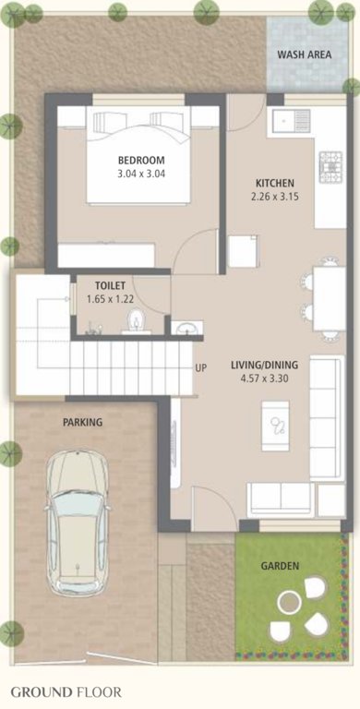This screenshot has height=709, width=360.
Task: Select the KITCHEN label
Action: coord(275,183)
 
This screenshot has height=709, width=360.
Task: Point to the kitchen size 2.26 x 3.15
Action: coord(275,196)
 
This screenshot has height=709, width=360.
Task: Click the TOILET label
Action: coord(110,286)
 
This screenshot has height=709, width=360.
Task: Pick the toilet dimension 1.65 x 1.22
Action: coord(110,299)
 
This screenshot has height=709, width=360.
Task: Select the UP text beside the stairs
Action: coord(200,368)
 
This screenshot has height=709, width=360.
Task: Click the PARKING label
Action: coord(82,422)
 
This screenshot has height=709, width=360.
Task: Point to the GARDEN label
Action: coord(278,566)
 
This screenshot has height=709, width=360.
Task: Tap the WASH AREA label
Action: coord(304,55)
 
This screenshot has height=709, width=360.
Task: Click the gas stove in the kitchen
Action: coord(330,167)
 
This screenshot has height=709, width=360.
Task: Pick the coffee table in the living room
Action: coord(276,425)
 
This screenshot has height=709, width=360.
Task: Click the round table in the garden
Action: coord(290,603)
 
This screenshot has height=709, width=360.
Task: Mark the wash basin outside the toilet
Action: coord(185,327)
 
